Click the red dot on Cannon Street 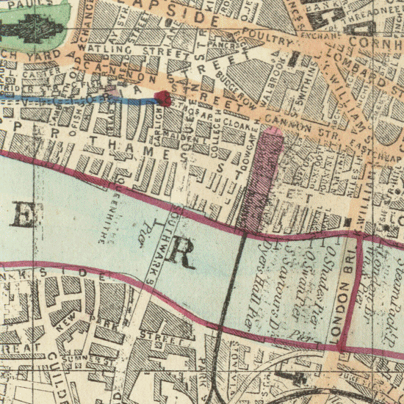[164, 96]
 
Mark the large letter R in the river [181, 253]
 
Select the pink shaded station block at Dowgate [264, 176]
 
